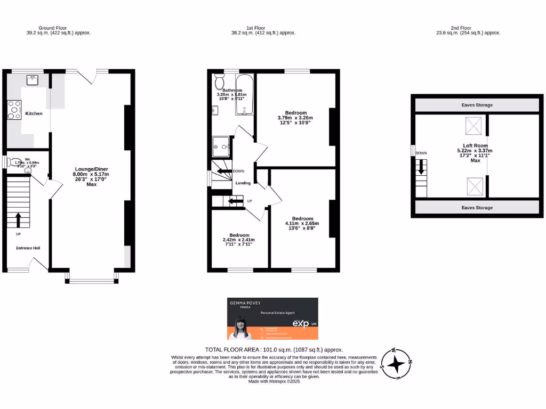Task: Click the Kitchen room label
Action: pyautogui.click(x=34, y=113)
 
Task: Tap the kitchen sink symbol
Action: pyautogui.click(x=32, y=80)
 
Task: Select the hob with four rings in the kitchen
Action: pyautogui.click(x=13, y=110)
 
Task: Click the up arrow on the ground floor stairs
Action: pyautogui.click(x=19, y=219)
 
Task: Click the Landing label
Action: pyautogui.click(x=243, y=183)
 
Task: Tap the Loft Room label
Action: pyautogui.click(x=475, y=145)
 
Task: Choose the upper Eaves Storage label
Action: pyautogui.click(x=477, y=105)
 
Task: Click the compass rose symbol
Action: pyautogui.click(x=396, y=364)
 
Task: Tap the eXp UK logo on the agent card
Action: pyautogui.click(x=303, y=323)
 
